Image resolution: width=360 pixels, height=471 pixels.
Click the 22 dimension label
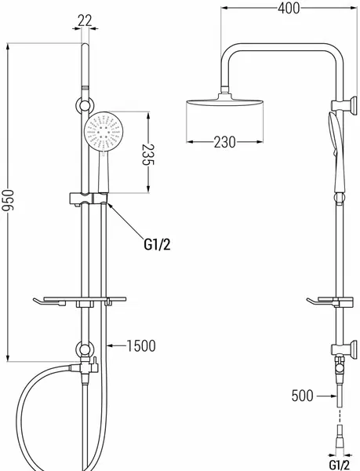coord(85,21)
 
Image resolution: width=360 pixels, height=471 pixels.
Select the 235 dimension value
coord(147,155)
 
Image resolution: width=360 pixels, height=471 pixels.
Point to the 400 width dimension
coord(289,8)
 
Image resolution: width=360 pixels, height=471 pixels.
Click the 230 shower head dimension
coord(224,142)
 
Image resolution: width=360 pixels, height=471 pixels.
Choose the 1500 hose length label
coord(141,345)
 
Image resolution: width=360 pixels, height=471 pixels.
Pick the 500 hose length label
coord(303,396)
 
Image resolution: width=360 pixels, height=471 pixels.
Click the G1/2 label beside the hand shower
coord(157,245)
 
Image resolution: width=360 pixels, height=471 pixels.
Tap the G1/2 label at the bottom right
coord(340,465)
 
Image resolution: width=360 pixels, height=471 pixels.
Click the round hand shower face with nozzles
coord(104,130)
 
